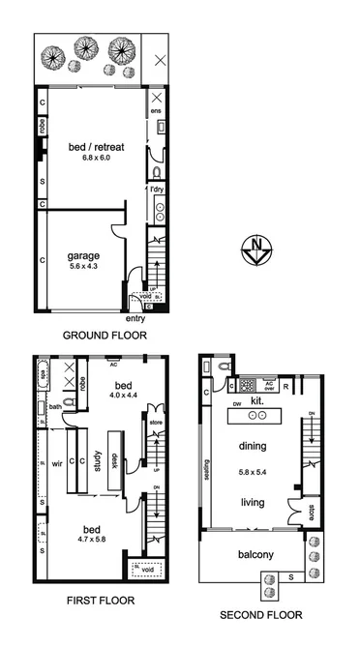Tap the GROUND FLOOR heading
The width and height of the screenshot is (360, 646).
[104, 336]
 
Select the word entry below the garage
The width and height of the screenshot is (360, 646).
[137, 318]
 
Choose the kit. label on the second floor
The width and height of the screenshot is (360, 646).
[258, 399]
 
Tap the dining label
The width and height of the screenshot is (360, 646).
[257, 447]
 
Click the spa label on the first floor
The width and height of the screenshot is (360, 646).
[43, 371]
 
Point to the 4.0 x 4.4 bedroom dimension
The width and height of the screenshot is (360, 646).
[123, 395]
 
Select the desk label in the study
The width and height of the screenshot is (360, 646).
[115, 462]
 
